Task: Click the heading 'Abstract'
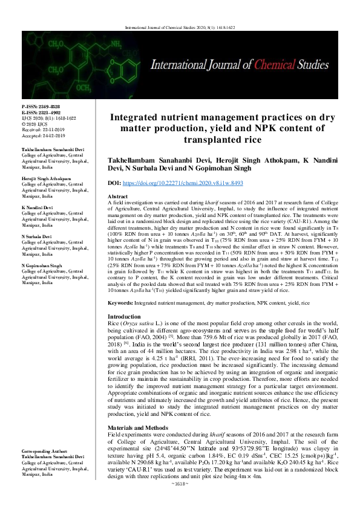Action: click(117, 197)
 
